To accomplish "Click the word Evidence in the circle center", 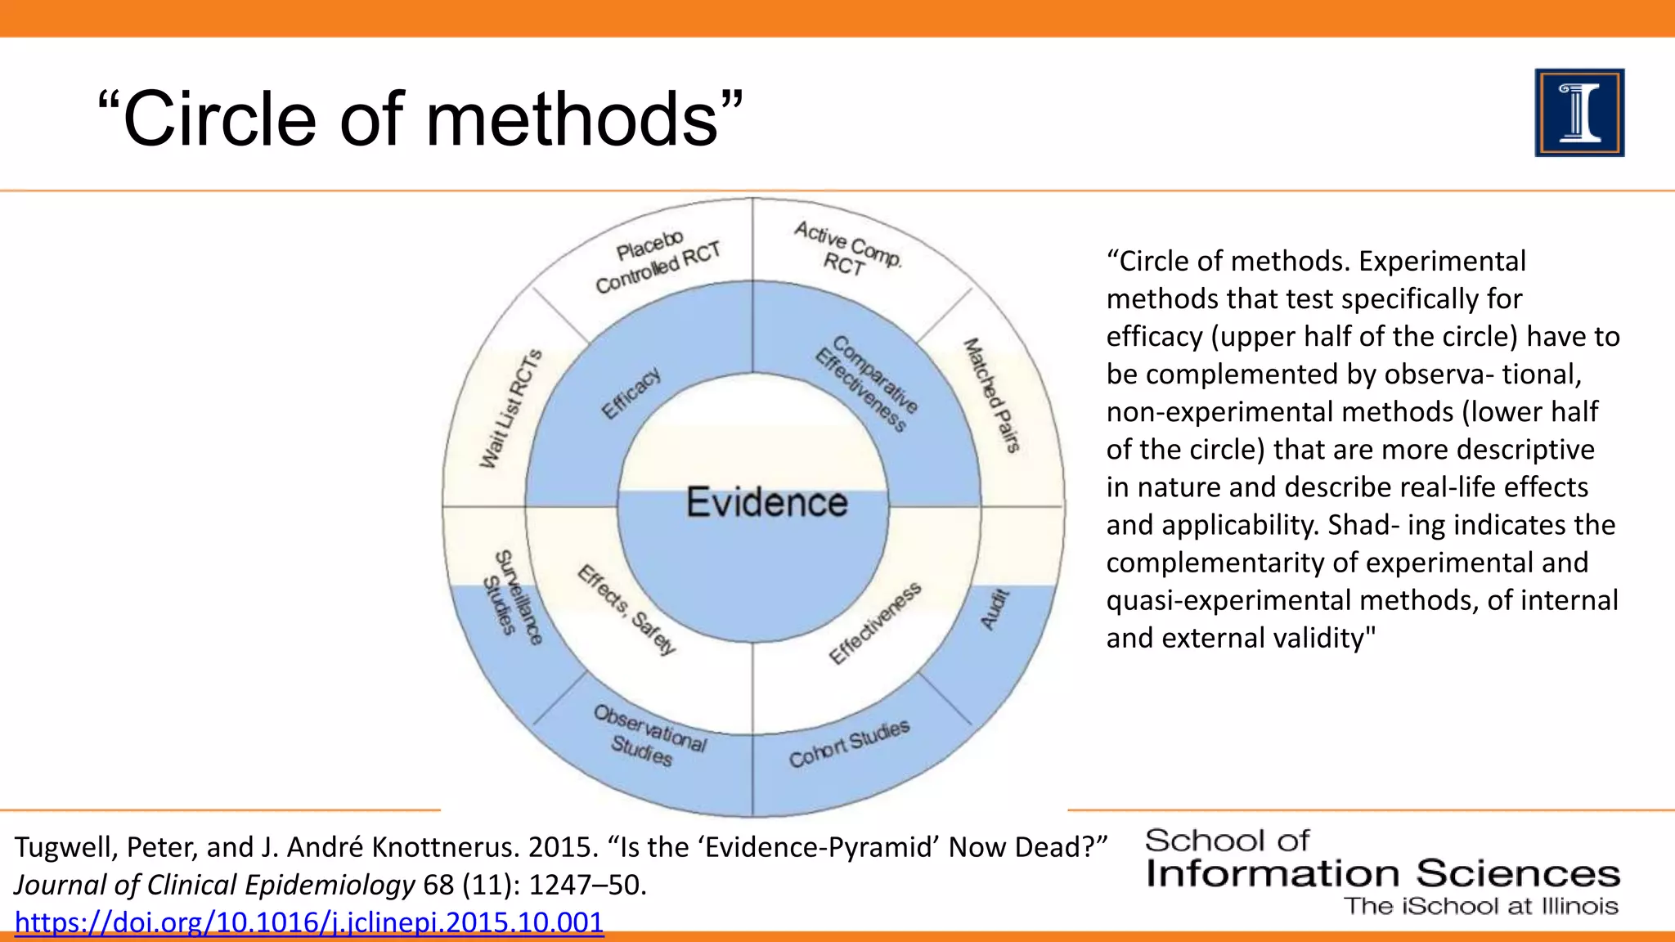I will (766, 502).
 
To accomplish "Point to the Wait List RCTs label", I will (510, 409).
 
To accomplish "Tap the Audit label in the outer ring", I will (995, 609).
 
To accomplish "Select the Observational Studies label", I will (647, 736).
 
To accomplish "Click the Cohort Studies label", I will (849, 743).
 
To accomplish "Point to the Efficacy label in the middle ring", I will (631, 393).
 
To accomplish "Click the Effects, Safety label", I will (627, 609).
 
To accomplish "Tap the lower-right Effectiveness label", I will (874, 623).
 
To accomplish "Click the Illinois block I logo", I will (1578, 113).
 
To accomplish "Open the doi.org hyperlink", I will (309, 922).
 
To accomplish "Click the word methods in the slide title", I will (572, 119).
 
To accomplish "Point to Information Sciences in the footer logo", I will (1382, 873).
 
